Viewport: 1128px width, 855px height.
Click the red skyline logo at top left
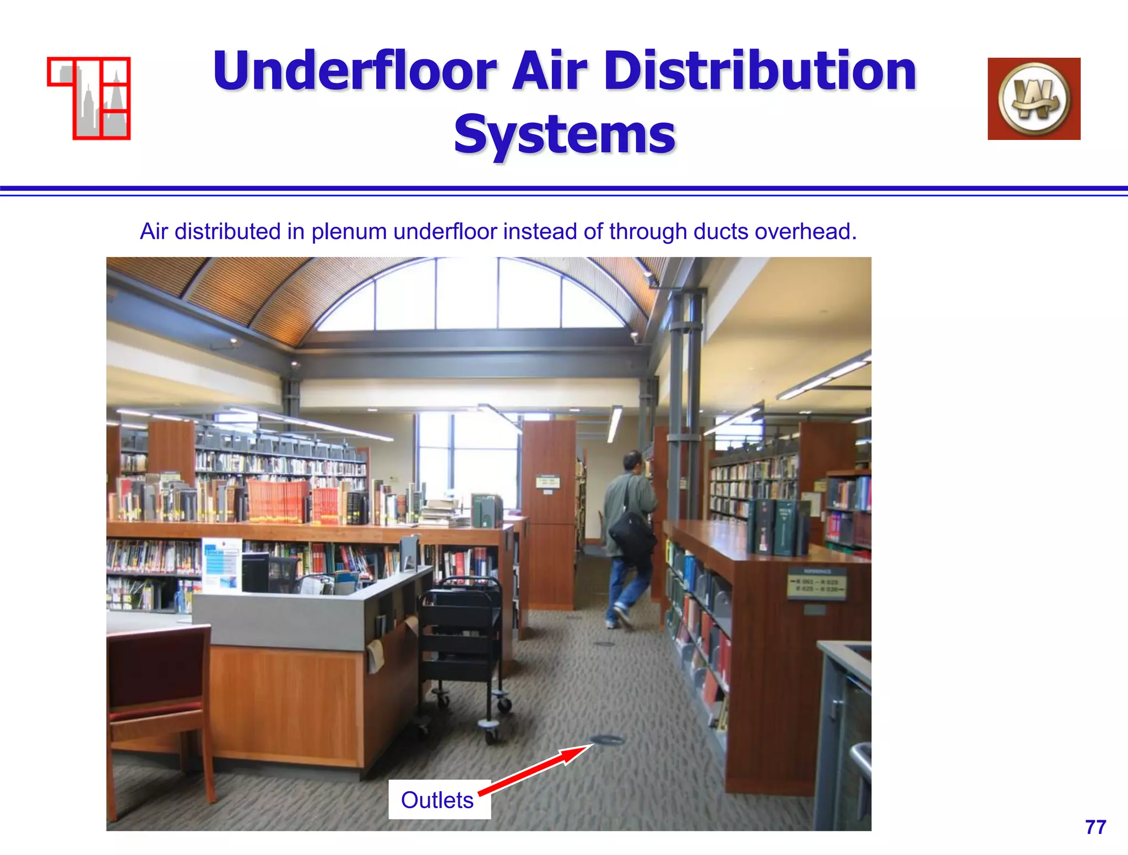[x=89, y=98]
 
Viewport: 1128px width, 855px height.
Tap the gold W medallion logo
[x=1034, y=99]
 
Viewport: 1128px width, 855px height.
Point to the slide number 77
[x=1096, y=827]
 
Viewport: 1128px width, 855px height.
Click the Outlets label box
[x=438, y=800]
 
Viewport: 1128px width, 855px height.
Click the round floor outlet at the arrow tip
[x=606, y=739]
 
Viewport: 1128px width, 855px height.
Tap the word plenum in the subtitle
[x=349, y=231]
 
